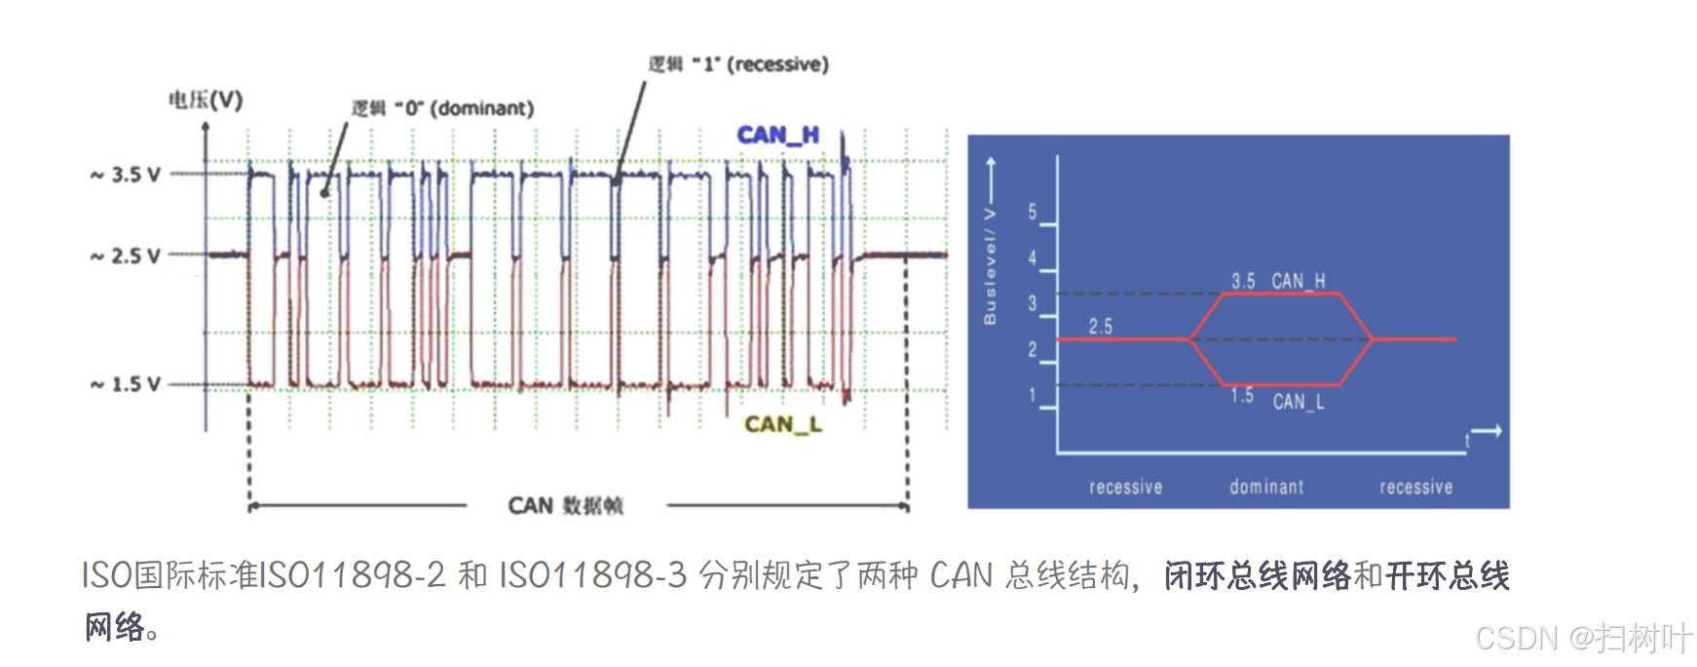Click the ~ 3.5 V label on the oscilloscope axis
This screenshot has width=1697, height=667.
click(126, 175)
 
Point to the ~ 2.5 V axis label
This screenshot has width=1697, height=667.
click(126, 255)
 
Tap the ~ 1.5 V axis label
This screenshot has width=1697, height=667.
click(126, 384)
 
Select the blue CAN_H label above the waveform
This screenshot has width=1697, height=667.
click(777, 135)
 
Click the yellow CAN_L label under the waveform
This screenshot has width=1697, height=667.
click(783, 424)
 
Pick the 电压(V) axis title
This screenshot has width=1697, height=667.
click(206, 99)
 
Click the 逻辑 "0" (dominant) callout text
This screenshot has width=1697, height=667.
click(443, 108)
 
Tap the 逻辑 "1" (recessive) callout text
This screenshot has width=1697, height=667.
click(738, 64)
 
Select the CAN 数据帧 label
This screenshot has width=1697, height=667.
click(565, 505)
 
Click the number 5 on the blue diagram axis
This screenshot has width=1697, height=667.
click(1033, 213)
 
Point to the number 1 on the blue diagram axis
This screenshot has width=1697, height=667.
click(1033, 396)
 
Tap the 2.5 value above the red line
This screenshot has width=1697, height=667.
click(1101, 327)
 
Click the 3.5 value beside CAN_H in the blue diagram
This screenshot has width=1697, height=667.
click(1243, 281)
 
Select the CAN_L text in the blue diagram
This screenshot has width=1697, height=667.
click(1299, 402)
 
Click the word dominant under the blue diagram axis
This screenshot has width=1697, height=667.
click(1266, 487)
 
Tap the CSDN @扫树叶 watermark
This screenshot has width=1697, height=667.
click(1583, 638)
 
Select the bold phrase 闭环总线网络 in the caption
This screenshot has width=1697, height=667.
click(1258, 575)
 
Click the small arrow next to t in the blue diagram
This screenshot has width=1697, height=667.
click(1486, 431)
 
